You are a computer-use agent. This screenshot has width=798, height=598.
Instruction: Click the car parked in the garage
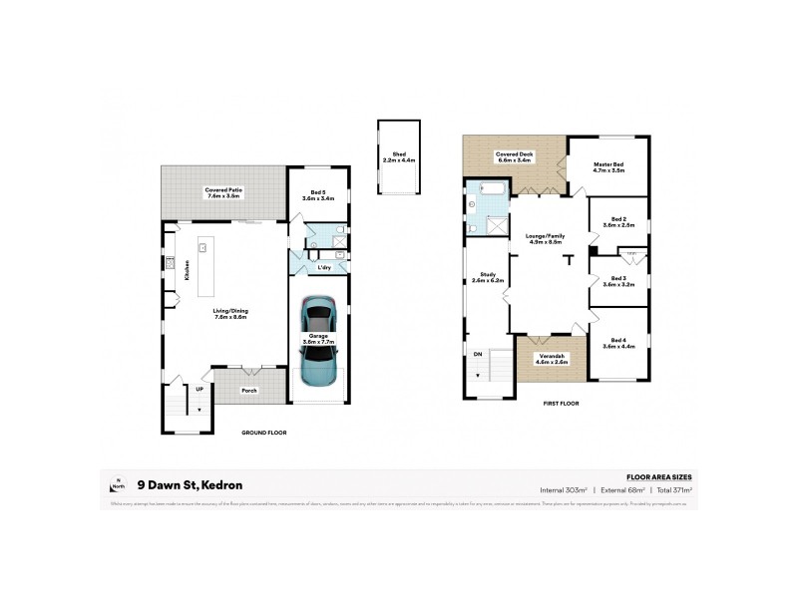[319, 342]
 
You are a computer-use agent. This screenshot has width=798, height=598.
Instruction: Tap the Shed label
[399, 154]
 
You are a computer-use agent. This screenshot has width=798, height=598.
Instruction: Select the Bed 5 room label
[318, 192]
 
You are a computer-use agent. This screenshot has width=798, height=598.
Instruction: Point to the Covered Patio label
[224, 189]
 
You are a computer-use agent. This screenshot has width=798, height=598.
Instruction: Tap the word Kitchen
[187, 270]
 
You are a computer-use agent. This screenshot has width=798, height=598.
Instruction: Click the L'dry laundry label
[324, 268]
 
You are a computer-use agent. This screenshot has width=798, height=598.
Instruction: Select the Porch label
[249, 390]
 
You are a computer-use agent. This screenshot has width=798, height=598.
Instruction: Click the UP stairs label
[199, 389]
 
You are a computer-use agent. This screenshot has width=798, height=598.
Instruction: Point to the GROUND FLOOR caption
[265, 434]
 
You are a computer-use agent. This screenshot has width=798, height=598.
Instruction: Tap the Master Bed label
[608, 165]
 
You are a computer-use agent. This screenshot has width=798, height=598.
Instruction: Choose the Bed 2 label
[618, 218]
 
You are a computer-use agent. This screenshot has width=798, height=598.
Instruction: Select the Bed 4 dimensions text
[618, 346]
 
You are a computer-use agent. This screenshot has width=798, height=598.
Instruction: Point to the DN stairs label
[478, 353]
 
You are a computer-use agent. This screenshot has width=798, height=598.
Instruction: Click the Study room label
[488, 274]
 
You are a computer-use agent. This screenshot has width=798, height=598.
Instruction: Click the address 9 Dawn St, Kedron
[196, 485]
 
